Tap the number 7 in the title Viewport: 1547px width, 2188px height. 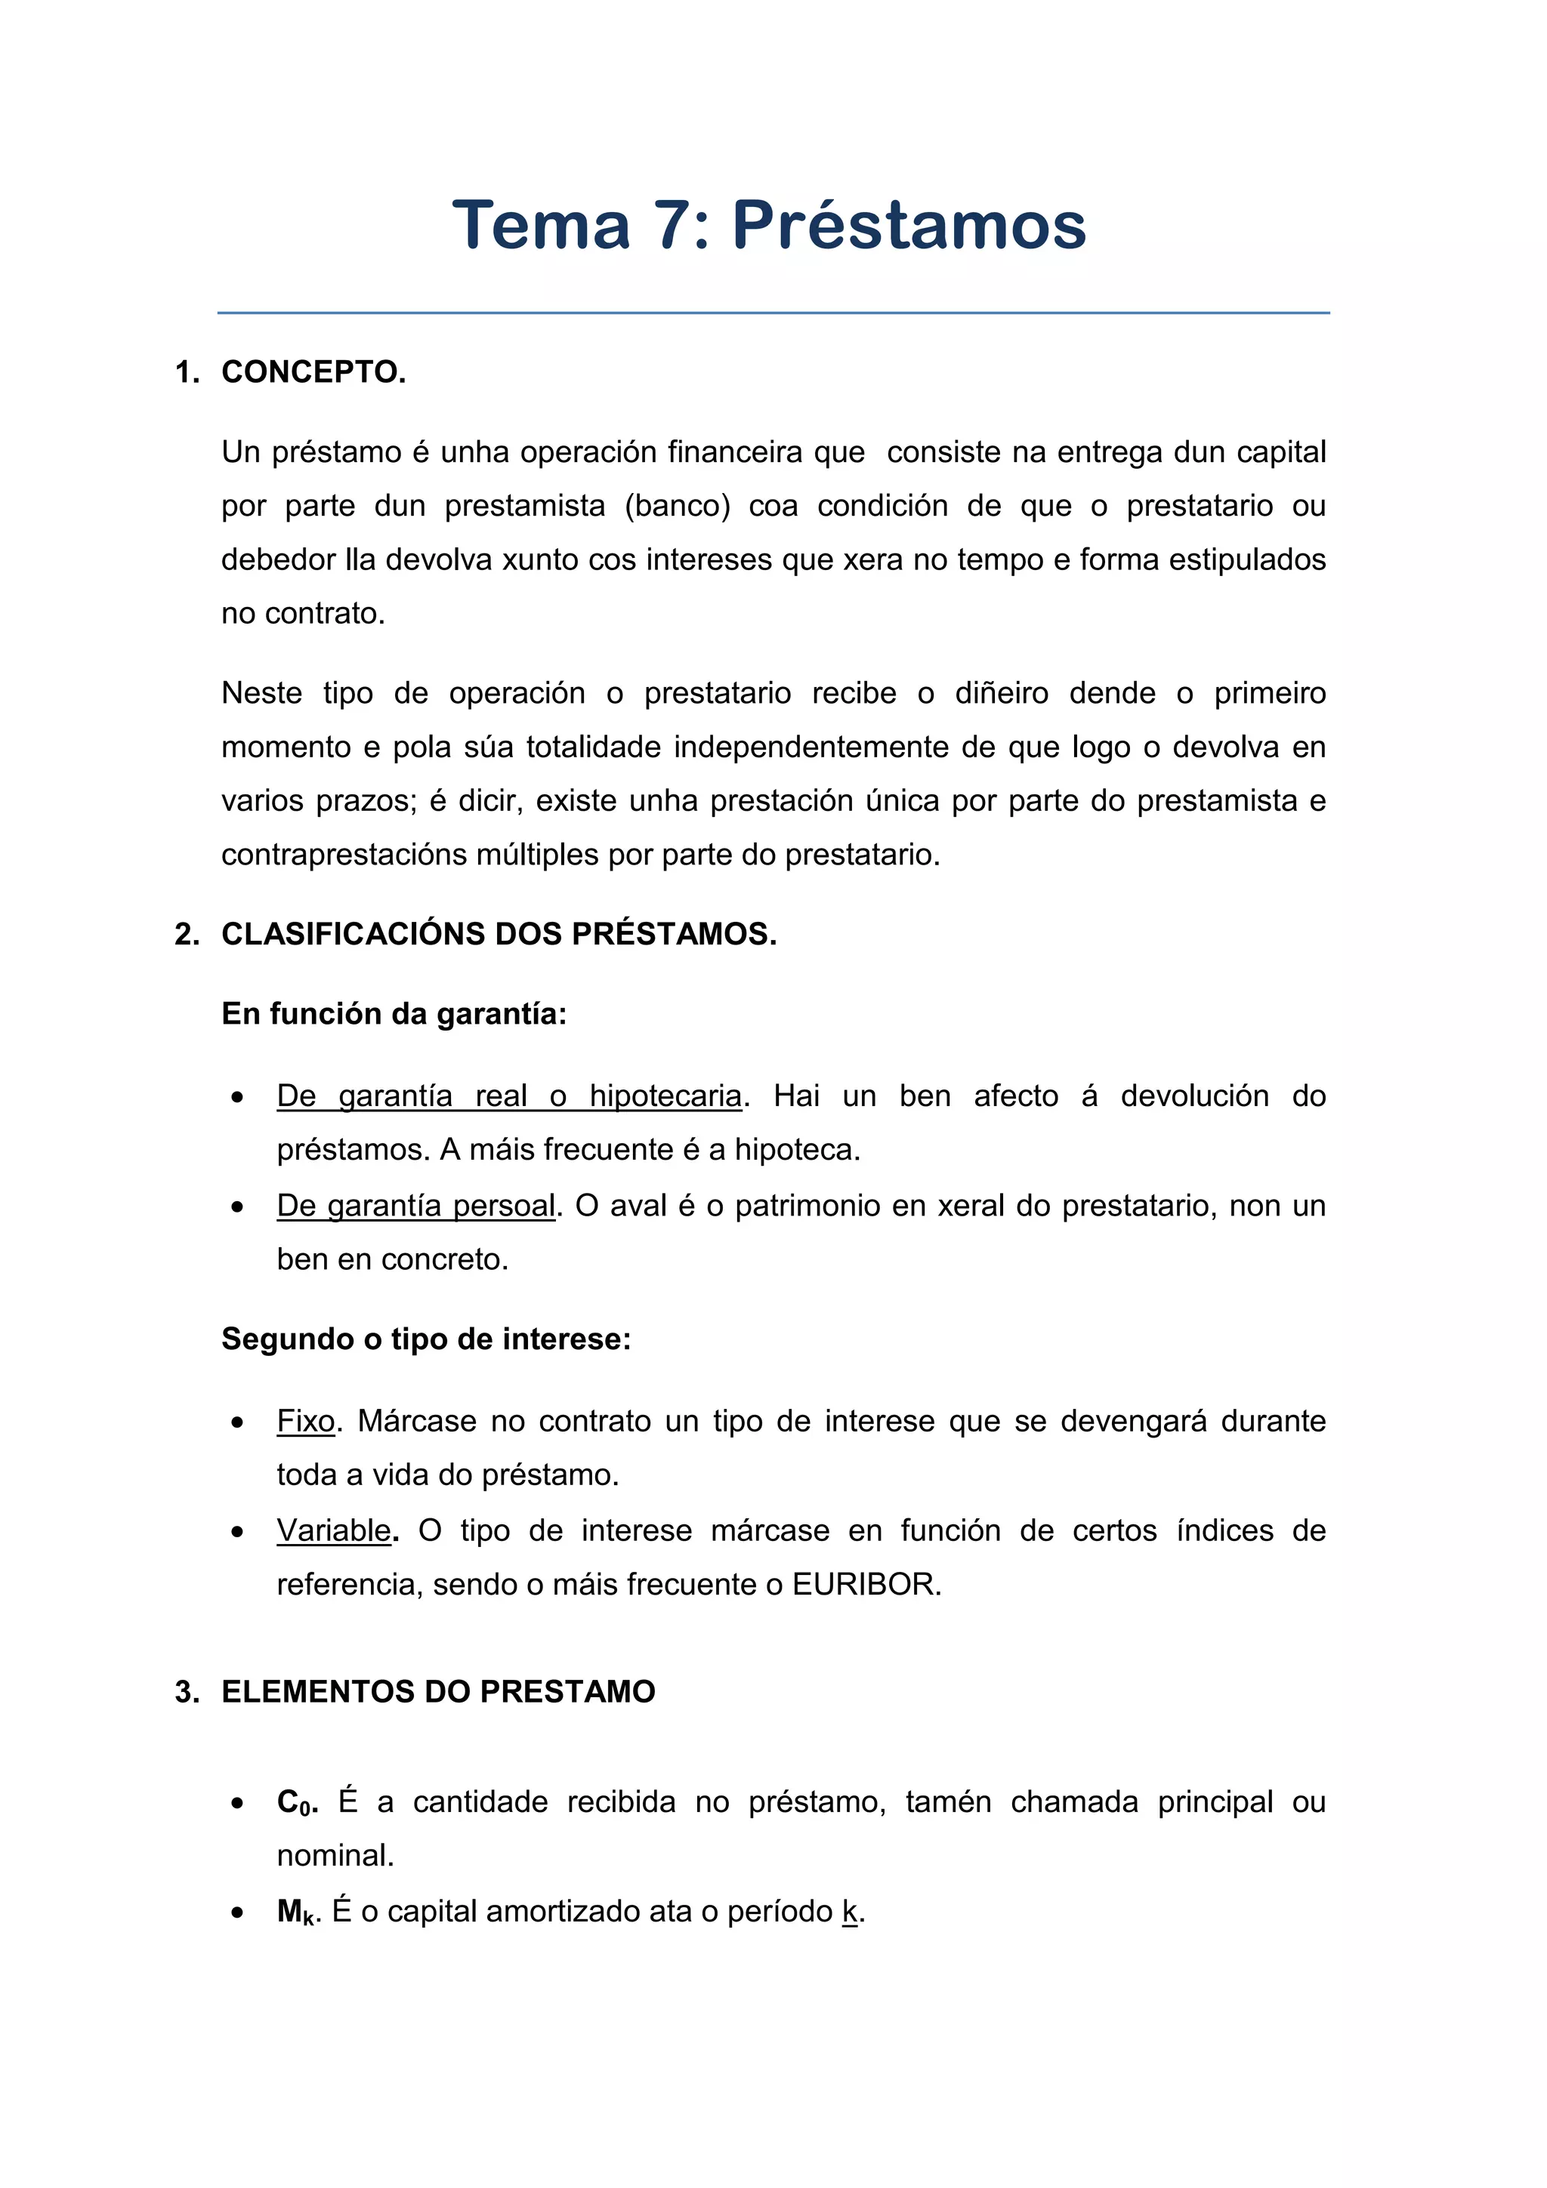pos(673,226)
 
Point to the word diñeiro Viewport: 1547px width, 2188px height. pos(1001,693)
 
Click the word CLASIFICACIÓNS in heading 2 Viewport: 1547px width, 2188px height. pos(353,934)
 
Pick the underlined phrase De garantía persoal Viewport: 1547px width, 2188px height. pos(415,1206)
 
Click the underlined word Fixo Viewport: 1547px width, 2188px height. pos(306,1421)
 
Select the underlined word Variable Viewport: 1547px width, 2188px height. pos(334,1530)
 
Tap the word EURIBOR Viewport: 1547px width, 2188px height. pos(866,1584)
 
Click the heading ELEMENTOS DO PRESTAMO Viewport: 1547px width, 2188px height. pos(438,1691)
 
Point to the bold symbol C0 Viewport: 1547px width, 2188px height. pos(295,1802)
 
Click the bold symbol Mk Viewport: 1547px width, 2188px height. pos(296,1912)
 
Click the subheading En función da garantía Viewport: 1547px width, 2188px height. pos(394,1013)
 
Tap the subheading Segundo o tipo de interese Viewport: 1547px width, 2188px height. pos(426,1339)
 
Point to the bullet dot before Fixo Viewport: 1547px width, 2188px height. pos(237,1422)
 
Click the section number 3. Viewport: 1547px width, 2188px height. pos(185,1691)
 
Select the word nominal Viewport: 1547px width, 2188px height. pos(334,1855)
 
